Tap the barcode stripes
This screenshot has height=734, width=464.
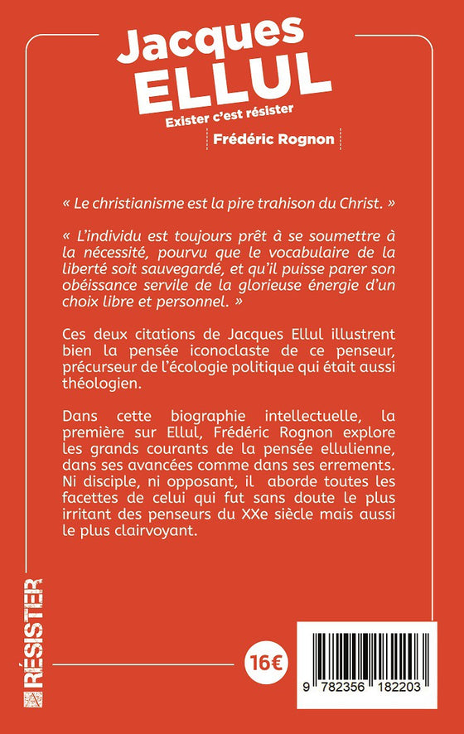(x=375, y=653)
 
